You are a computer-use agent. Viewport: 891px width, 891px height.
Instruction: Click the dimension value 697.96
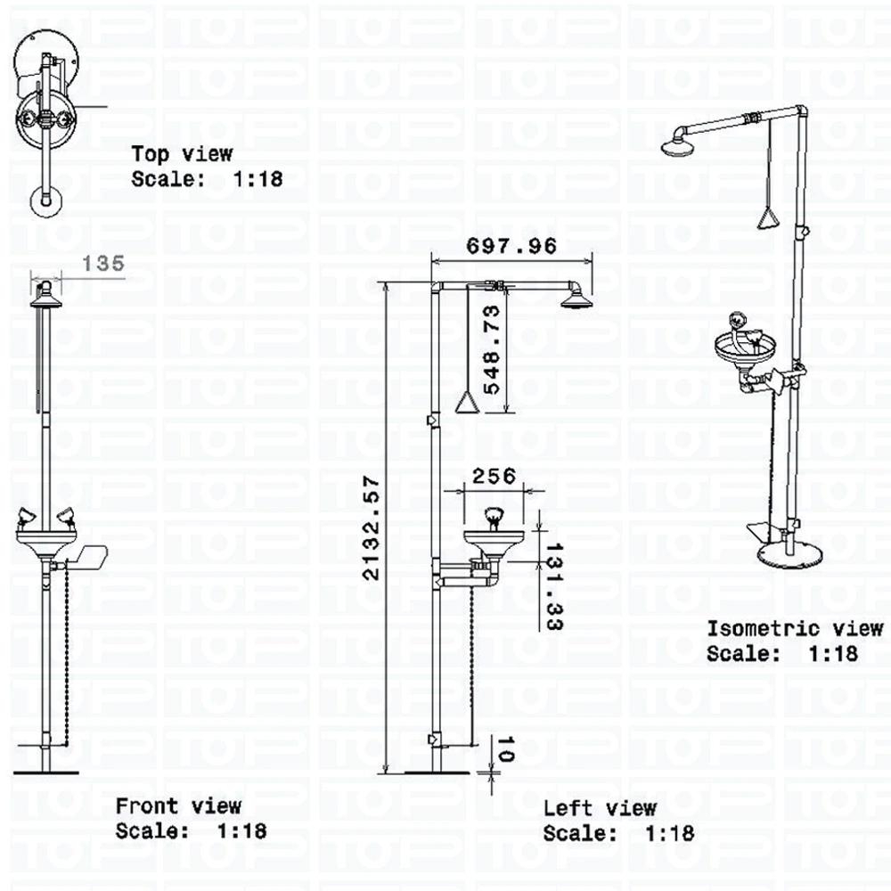tap(511, 246)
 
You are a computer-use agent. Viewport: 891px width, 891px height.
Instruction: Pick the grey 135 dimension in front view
tap(103, 263)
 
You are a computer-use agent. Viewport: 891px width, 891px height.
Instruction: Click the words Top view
tap(182, 155)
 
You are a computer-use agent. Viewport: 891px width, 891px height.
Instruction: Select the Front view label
tap(178, 806)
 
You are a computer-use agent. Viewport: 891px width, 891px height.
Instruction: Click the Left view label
tap(600, 808)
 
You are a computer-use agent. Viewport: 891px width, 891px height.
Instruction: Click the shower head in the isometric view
tap(681, 143)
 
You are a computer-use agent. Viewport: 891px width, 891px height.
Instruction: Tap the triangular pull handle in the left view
tap(467, 404)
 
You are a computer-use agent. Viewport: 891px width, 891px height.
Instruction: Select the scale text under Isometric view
tap(782, 653)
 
